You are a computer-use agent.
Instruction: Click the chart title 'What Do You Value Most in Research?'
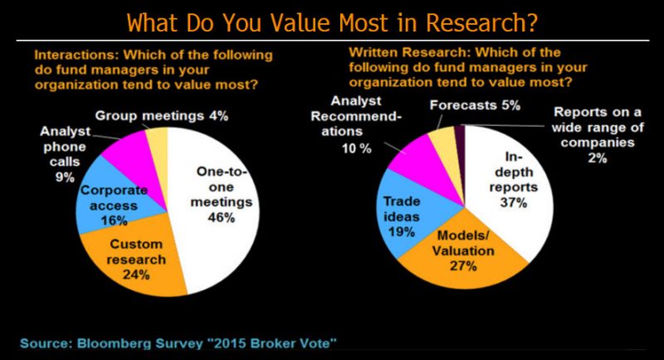click(332, 21)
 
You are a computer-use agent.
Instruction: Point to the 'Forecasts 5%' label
click(475, 105)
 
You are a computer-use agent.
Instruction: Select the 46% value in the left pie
click(217, 217)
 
